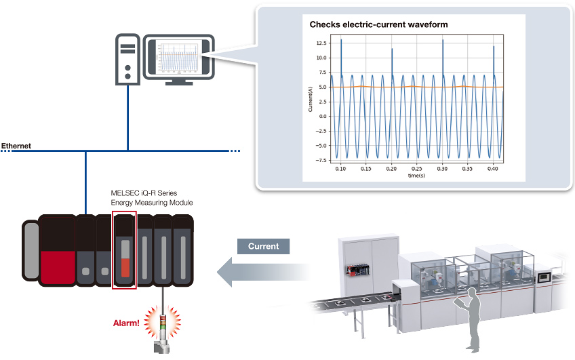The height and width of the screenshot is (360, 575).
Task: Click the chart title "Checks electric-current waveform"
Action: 378,24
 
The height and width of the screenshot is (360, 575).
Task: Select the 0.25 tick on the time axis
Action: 416,169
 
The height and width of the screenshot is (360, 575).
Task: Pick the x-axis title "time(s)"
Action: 416,176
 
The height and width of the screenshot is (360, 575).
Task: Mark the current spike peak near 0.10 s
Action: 341,40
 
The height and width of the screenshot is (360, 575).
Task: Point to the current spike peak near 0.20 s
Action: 392,49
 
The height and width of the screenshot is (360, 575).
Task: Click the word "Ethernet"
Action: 16,146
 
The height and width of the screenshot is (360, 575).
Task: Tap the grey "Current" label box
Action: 263,246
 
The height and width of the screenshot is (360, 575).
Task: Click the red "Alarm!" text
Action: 126,322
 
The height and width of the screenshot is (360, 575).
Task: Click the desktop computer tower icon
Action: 127,58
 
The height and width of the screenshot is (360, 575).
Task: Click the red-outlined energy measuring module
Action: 124,250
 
